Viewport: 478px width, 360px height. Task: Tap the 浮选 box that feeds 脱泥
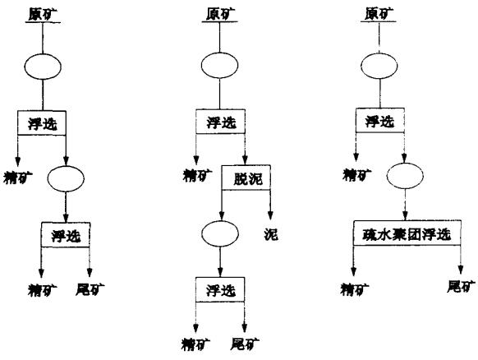218,124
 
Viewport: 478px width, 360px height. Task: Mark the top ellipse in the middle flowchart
218,65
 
